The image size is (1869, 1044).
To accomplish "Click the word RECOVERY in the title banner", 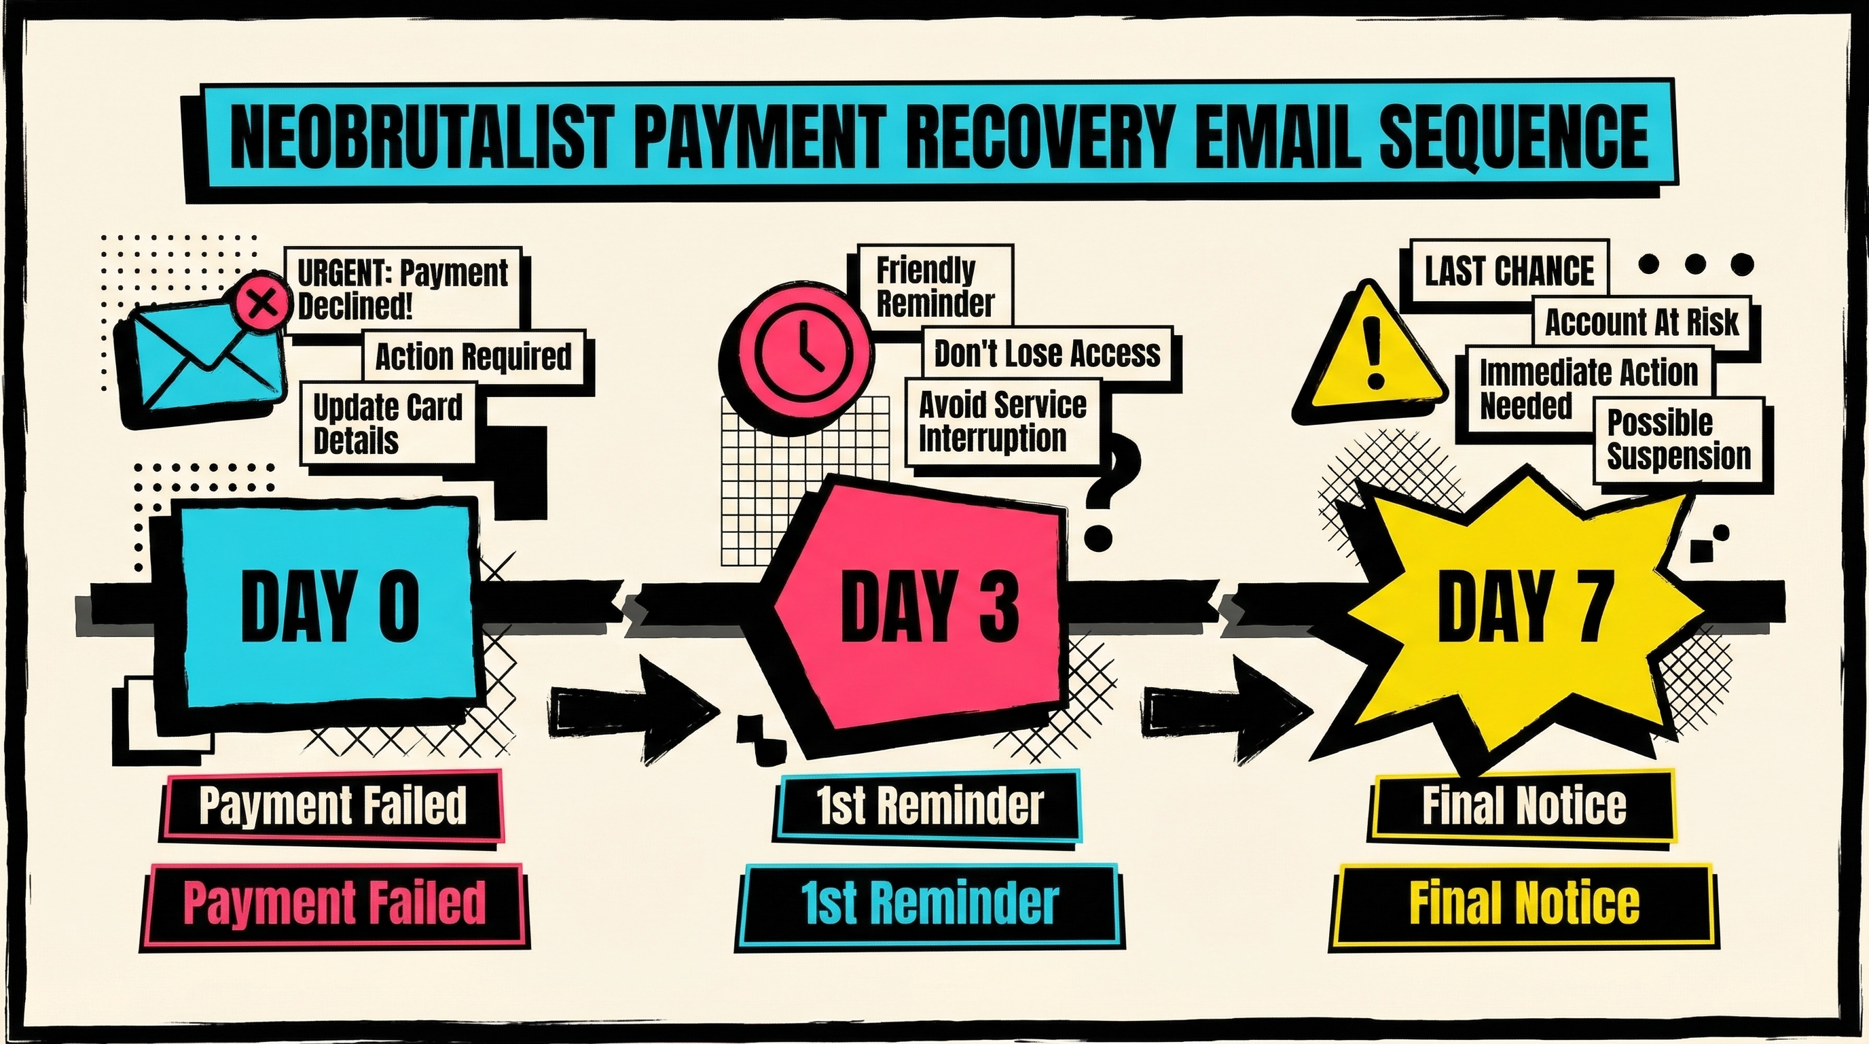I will coord(1038,138).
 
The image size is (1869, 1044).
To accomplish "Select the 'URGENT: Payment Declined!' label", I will coord(403,289).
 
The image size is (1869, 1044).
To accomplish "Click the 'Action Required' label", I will coord(473,356).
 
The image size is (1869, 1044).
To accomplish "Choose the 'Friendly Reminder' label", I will coord(935,286).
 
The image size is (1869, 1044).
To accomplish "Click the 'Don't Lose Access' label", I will coord(1047,353).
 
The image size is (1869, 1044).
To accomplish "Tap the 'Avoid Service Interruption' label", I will coord(1002,421).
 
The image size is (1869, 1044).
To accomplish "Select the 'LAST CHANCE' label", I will coord(1508,271).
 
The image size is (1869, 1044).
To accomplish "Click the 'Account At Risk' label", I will coord(1641,322).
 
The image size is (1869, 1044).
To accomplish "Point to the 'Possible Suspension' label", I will coord(1678,440).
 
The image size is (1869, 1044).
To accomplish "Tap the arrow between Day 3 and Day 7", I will coord(1226,708).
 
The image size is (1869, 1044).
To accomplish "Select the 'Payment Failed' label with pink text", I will coord(333,903).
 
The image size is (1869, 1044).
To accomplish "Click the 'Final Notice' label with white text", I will coord(1523,806).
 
